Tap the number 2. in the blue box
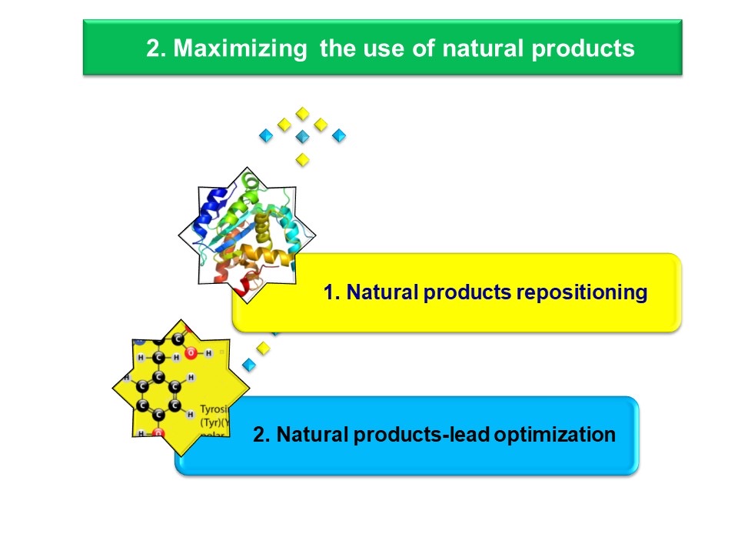(262, 435)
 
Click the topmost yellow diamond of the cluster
(303, 113)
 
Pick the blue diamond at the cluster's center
(303, 136)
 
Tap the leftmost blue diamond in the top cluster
(266, 136)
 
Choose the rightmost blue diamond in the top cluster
(339, 136)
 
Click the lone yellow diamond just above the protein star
(303, 159)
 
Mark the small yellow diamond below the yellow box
(264, 348)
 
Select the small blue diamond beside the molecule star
(248, 364)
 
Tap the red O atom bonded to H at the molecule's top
(191, 355)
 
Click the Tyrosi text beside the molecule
(211, 409)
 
